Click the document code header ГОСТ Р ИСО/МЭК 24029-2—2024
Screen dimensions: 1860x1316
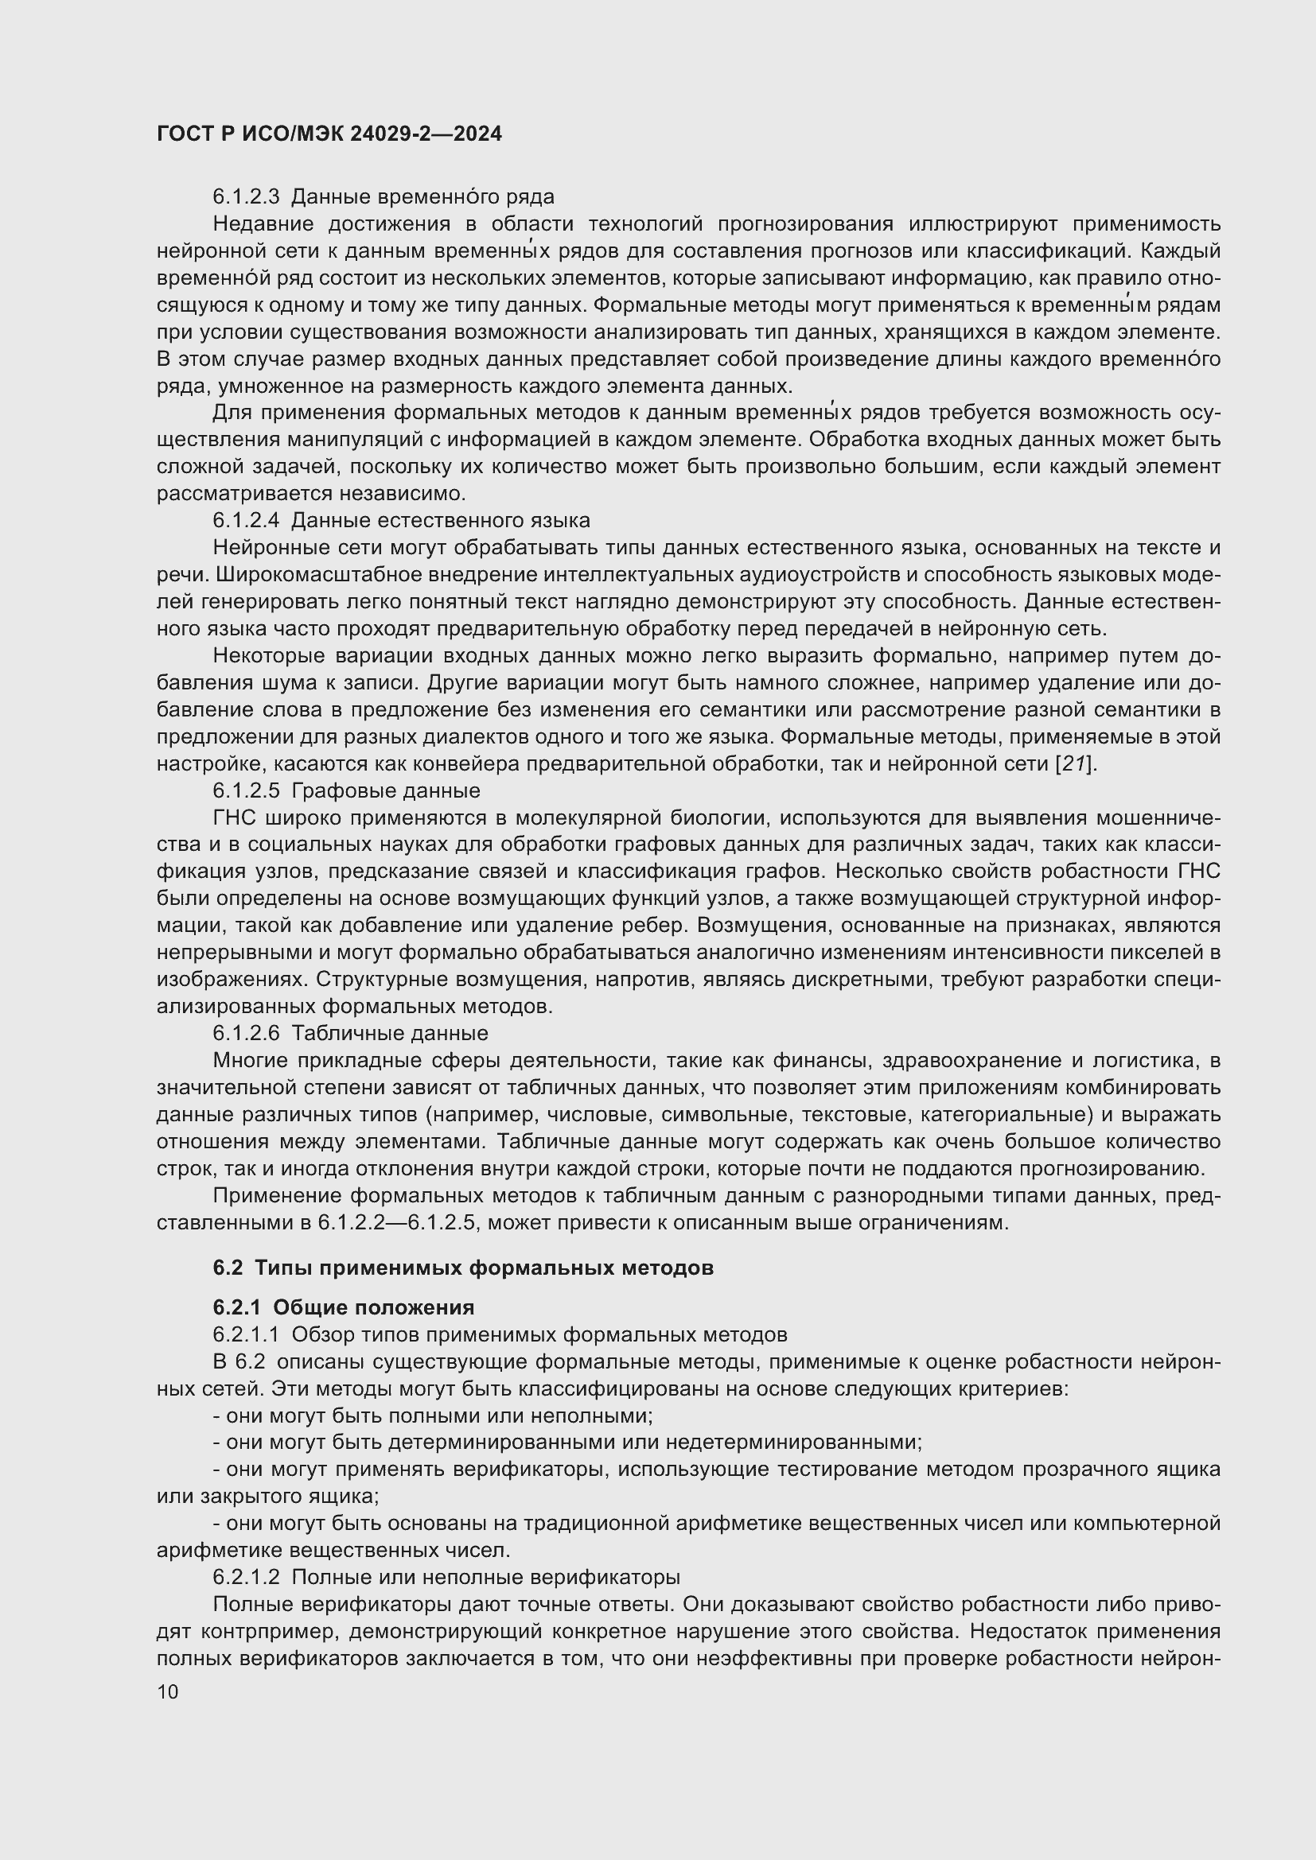(329, 134)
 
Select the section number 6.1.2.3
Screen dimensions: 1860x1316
(246, 197)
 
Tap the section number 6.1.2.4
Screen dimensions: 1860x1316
(246, 520)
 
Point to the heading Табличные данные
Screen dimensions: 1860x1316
(390, 1033)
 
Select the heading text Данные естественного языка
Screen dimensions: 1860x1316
(440, 520)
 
